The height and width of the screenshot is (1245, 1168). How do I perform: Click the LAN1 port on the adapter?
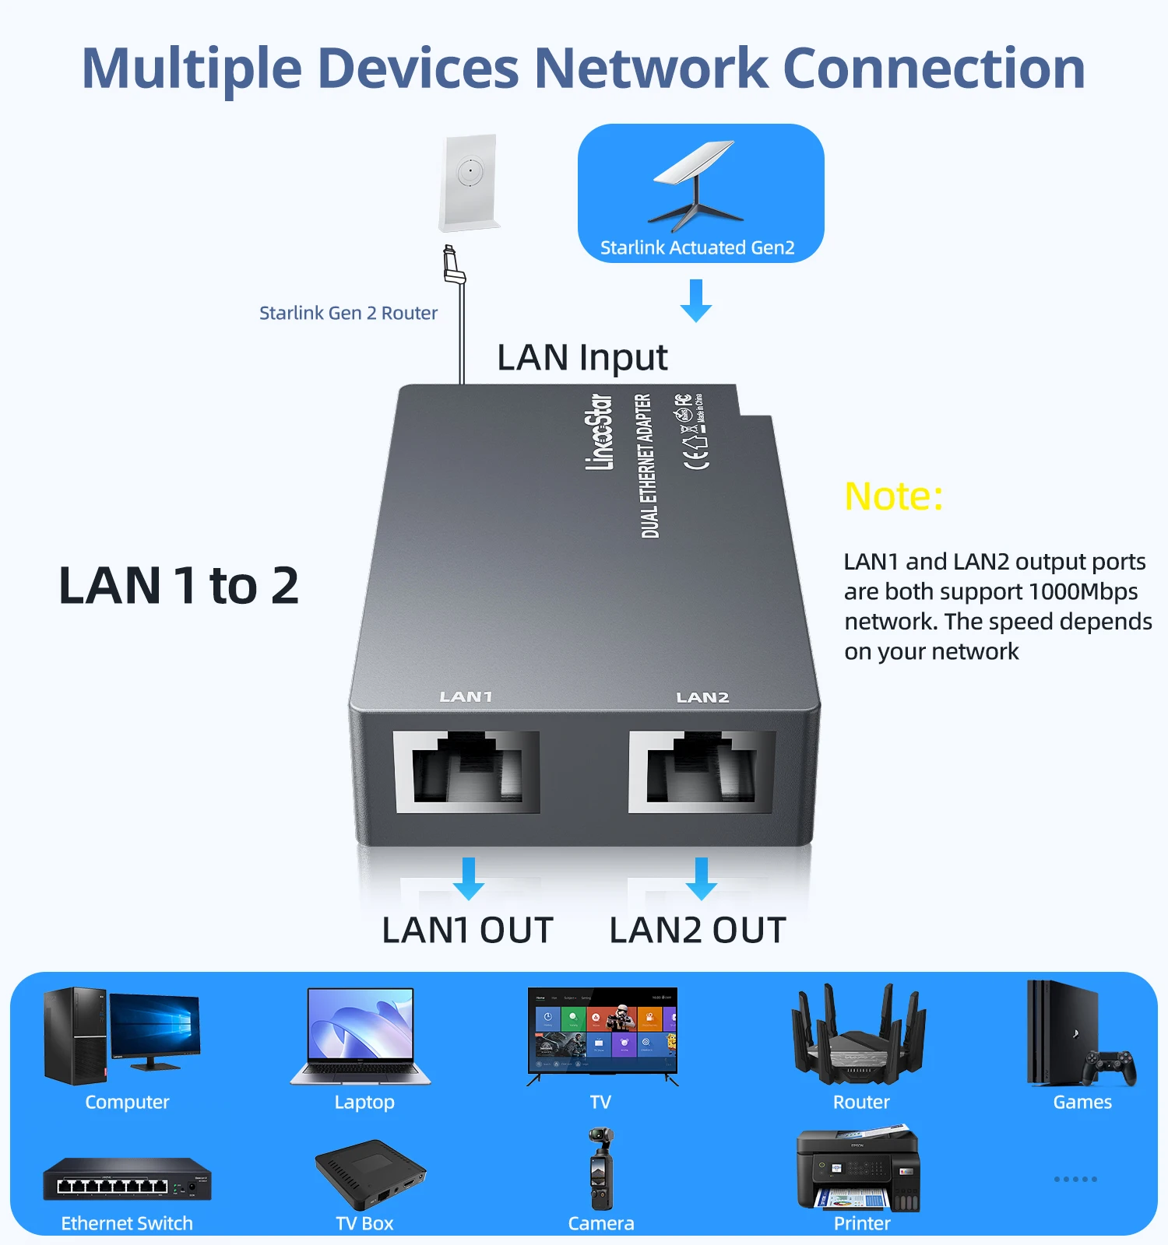(x=466, y=772)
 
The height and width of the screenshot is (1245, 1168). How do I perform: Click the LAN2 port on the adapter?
(x=702, y=772)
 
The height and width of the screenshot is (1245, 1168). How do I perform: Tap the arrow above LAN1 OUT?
(x=468, y=878)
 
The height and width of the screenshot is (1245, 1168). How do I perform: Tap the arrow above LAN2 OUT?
(x=702, y=878)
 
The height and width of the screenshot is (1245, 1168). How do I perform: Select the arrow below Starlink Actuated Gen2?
(x=696, y=300)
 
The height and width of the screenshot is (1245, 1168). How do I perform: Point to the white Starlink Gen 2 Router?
(x=470, y=183)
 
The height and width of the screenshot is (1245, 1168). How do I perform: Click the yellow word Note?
(x=893, y=496)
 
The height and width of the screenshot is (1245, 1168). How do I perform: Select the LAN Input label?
(x=582, y=358)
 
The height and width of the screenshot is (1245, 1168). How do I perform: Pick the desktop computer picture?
(x=121, y=1035)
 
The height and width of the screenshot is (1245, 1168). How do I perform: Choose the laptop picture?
(x=361, y=1036)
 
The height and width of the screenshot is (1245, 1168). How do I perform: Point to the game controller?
(x=1109, y=1068)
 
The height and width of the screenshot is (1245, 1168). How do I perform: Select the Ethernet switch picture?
(x=127, y=1179)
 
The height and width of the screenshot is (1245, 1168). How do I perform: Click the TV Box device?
(x=370, y=1173)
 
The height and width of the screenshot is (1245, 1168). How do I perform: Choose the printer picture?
(x=858, y=1168)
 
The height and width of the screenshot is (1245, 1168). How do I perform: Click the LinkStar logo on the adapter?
(x=599, y=432)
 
